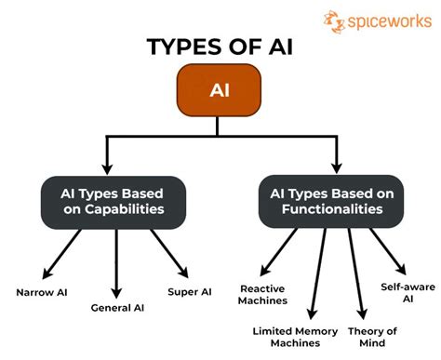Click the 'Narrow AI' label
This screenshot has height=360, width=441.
[42, 292]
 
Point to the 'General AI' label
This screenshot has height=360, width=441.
[118, 308]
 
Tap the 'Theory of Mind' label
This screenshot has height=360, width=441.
[373, 336]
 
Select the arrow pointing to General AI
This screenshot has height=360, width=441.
[117, 260]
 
